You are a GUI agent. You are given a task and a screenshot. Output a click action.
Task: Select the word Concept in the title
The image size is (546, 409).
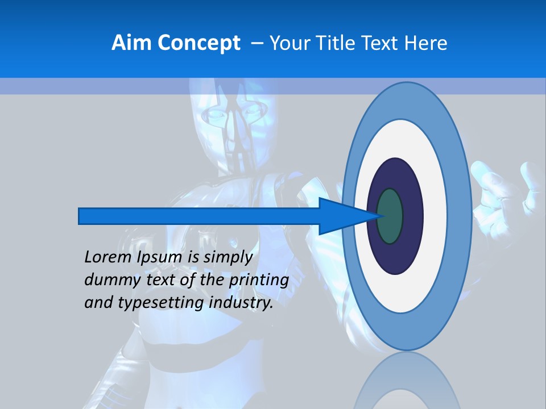coord(198,43)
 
